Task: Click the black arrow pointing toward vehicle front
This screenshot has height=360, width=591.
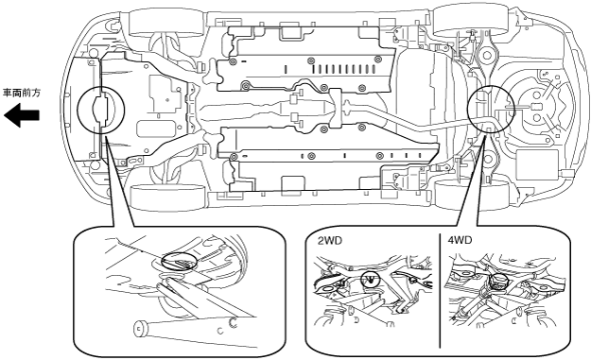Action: coord(22,115)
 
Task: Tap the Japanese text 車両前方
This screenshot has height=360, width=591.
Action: coord(22,93)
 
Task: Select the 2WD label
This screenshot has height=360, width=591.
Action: coord(330,241)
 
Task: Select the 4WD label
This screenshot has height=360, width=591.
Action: coord(460,241)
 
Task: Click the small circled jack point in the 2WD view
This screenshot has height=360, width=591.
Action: coord(371,279)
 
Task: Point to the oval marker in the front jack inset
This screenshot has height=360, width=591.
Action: coord(180,261)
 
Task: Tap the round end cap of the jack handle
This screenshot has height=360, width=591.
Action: coord(140,328)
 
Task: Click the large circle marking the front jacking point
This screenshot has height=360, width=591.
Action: coord(100,110)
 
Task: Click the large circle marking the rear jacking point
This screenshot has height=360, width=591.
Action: coord(491,108)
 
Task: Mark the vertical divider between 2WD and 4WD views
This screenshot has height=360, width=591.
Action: coord(440,291)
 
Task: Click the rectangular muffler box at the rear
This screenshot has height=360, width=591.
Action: coord(537,165)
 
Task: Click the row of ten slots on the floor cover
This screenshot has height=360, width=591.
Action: coord(343,69)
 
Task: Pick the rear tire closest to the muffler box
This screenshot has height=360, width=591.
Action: coord(471,195)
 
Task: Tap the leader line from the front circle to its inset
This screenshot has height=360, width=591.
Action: coord(120,180)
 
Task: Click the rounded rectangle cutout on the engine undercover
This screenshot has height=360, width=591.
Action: coord(156,129)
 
